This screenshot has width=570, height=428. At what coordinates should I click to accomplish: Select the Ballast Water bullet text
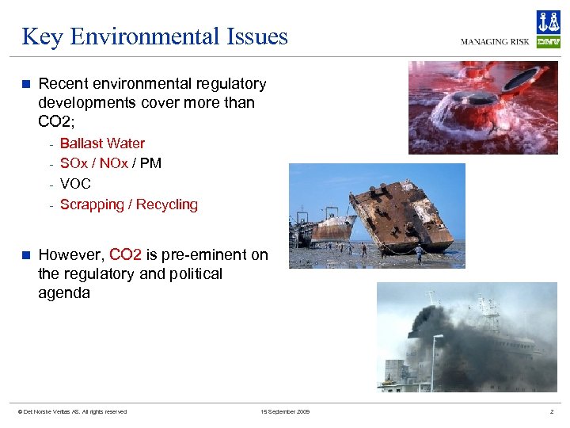[102, 143]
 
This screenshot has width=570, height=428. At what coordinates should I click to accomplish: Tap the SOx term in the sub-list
[74, 163]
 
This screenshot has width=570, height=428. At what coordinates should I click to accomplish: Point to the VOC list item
[75, 184]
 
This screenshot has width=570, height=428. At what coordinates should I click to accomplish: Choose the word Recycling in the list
[167, 204]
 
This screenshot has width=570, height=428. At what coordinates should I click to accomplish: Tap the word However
[70, 255]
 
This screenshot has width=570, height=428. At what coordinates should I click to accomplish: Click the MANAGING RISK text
[496, 42]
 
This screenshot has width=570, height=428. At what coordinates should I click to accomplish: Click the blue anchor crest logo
[548, 21]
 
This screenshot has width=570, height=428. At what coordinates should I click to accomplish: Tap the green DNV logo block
[548, 42]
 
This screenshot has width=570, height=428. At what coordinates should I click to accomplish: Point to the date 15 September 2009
[285, 411]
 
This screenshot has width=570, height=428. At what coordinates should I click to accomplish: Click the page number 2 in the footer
[552, 411]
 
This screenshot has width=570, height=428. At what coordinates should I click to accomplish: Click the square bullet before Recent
[26, 83]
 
